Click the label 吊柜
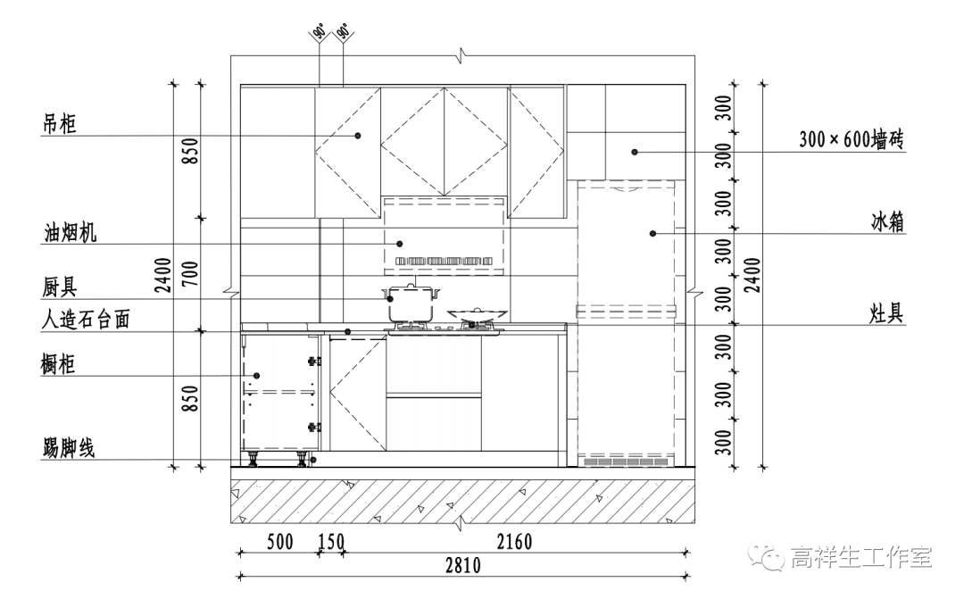click(x=61, y=124)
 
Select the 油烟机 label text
click(x=71, y=233)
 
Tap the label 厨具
click(x=61, y=287)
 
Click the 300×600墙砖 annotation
click(x=853, y=140)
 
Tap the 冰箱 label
click(x=888, y=222)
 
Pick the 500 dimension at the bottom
click(x=279, y=542)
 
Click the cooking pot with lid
click(x=411, y=303)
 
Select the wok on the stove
click(x=478, y=314)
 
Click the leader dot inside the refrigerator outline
click(x=652, y=234)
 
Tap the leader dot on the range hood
click(x=400, y=243)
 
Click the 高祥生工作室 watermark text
click(x=860, y=558)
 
